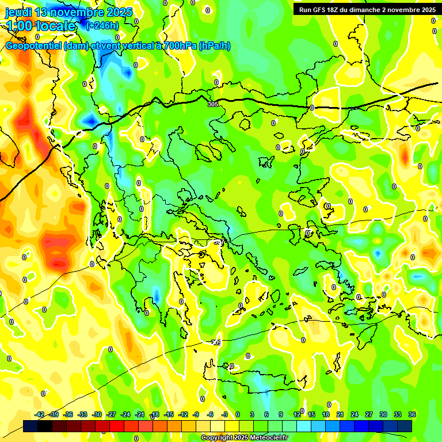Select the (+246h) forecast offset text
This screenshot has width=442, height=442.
(102, 25)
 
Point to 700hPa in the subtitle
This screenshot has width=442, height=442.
(175, 46)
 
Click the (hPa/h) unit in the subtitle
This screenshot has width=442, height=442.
(215, 46)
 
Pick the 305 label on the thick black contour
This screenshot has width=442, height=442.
(213, 104)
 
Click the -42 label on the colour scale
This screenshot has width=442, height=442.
(40, 414)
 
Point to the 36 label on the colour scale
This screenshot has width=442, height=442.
(412, 414)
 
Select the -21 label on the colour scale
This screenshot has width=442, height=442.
(140, 414)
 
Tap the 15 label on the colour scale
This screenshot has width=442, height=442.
(311, 414)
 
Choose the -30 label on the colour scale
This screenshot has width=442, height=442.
(97, 414)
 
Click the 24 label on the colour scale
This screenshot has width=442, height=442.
(355, 414)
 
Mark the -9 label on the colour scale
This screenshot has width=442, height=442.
(196, 414)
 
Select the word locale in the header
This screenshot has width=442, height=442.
(55, 26)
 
